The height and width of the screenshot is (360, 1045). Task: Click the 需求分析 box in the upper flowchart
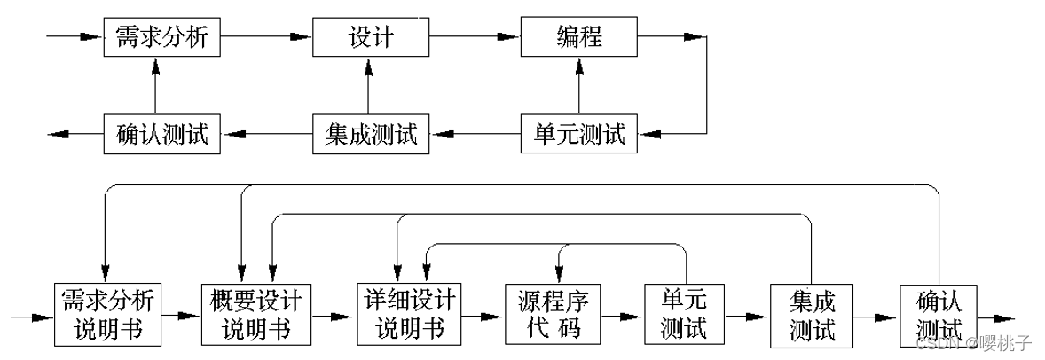[161, 37]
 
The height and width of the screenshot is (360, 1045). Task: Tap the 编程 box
[578, 37]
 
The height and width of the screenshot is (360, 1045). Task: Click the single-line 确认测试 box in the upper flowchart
[161, 135]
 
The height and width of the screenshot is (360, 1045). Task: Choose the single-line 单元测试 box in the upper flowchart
[578, 135]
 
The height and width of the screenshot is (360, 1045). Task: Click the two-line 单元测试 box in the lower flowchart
[684, 314]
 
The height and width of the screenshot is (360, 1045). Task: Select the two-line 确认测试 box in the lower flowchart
[937, 316]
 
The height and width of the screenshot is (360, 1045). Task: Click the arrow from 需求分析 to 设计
[266, 37]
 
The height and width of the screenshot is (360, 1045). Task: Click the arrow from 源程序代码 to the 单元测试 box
[622, 315]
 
